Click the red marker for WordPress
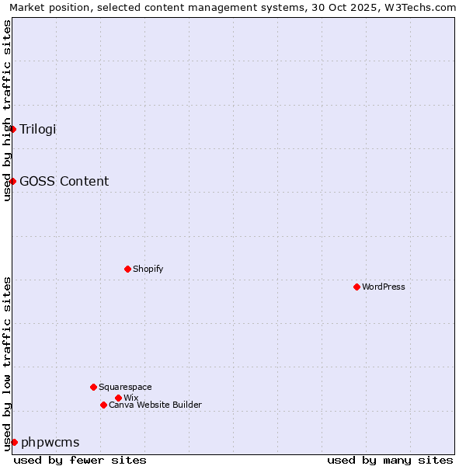[356, 287]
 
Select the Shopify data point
[127, 269]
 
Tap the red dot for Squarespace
[93, 387]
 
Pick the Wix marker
[118, 398]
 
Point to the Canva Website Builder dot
[103, 405]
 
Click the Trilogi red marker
[13, 129]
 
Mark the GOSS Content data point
[13, 181]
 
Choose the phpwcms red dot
[14, 442]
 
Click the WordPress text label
[383, 287]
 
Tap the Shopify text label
[148, 269]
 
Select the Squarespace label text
[125, 387]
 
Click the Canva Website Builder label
[155, 405]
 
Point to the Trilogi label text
[38, 129]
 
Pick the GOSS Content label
[64, 181]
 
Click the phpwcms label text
[50, 442]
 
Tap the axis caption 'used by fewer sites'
[80, 460]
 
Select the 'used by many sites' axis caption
[390, 460]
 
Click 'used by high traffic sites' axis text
[7, 110]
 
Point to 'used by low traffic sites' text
[7, 363]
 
